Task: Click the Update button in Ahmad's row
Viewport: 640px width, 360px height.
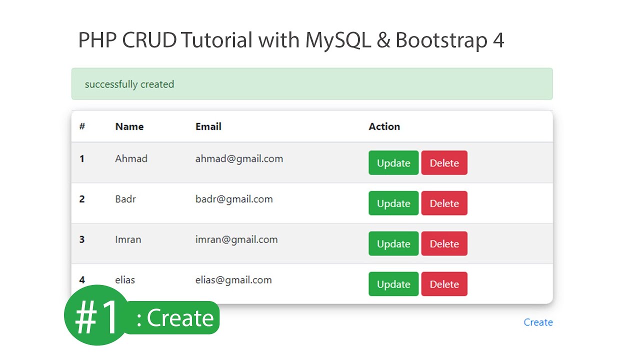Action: [393, 163]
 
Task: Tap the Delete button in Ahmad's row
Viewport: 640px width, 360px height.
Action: [444, 163]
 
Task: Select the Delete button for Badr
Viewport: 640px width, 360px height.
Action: [444, 203]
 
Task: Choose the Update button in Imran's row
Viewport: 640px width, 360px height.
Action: [393, 244]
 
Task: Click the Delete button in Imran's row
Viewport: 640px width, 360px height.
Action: [444, 244]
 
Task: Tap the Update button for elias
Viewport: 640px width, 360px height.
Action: [393, 284]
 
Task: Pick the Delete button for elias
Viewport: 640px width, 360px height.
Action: [444, 284]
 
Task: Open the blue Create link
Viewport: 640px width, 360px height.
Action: [538, 322]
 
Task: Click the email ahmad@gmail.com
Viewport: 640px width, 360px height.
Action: [239, 159]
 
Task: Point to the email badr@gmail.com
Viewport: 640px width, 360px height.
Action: [234, 199]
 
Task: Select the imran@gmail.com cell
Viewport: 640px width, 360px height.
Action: [236, 239]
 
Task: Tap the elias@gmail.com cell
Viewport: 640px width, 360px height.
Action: [233, 280]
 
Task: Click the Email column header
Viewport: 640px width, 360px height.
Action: [208, 126]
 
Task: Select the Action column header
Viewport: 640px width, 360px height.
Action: [384, 126]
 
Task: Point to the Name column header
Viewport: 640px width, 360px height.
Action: [129, 126]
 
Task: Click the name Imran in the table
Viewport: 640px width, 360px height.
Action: [128, 239]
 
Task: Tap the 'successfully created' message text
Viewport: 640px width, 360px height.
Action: [129, 84]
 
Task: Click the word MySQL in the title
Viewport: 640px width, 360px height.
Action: [338, 40]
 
